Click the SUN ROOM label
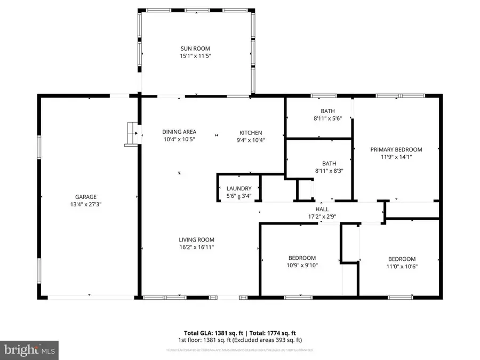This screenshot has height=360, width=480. tap(195, 49)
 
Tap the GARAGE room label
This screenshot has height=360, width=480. tap(85, 197)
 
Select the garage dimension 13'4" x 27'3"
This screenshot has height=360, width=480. tap(85, 204)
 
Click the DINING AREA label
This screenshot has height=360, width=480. tap(179, 132)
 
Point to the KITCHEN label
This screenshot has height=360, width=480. tap(250, 133)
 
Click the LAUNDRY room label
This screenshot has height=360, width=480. tap(238, 189)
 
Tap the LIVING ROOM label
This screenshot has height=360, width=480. tap(196, 240)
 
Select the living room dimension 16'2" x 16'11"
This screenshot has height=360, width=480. tap(196, 247)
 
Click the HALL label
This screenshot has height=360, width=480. tap(322, 210)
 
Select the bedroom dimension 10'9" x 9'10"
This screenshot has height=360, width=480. tap(302, 266)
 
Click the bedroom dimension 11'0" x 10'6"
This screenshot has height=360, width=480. tap(402, 267)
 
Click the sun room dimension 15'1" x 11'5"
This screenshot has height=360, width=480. tap(195, 55)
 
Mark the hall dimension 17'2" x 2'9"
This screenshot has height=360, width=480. tap(322, 217)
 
